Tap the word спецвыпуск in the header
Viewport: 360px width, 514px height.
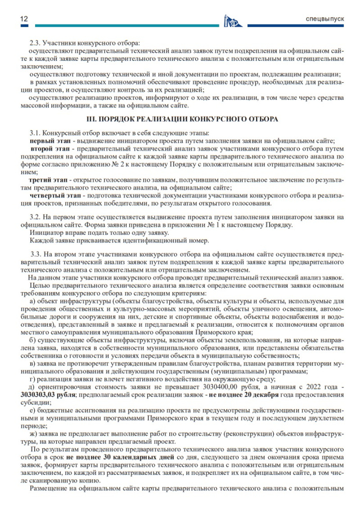pos(325,19)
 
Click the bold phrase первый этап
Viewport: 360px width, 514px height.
pos(48,141)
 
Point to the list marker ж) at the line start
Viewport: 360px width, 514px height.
pos(34,433)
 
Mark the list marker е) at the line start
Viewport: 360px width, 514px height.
pos(33,410)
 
